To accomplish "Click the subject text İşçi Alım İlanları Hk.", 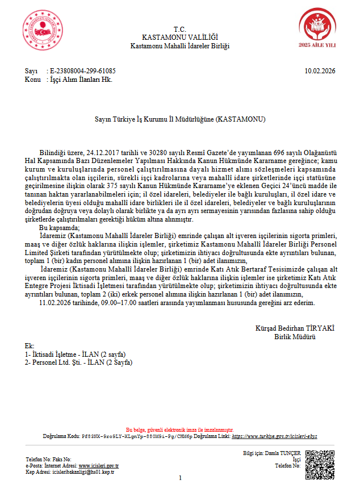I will tap(79, 80).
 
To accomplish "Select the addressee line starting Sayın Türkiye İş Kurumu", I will tap(179, 120).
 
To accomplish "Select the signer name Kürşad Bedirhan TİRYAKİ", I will tap(295, 328).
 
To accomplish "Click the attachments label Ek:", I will tap(30, 346).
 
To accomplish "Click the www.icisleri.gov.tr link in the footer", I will tap(99, 465).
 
